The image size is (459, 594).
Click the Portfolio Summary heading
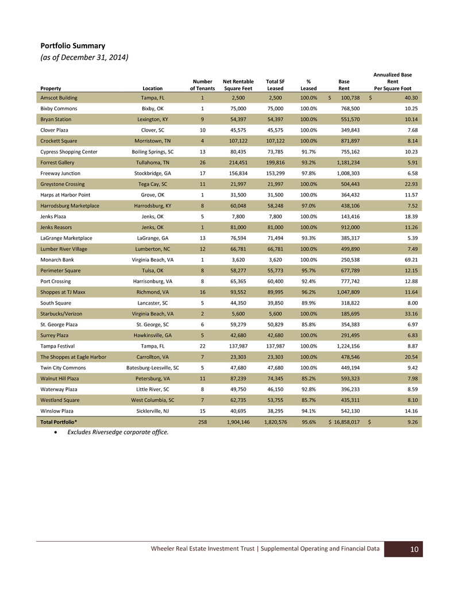click(72, 45)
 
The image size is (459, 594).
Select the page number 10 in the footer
click(414, 550)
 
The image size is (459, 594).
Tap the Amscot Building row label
click(59, 98)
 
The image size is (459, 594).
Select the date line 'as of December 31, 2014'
click(84, 57)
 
